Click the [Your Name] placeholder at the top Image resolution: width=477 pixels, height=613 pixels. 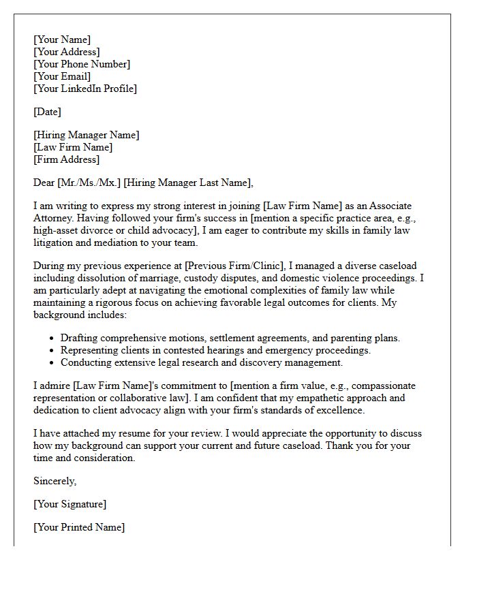pos(62,40)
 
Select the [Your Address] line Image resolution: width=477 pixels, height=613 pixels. pos(67,52)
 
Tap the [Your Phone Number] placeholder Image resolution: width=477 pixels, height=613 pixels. pos(82,64)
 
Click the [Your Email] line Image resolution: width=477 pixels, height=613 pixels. pos(63,76)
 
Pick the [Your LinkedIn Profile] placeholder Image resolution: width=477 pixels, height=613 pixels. pos(85,89)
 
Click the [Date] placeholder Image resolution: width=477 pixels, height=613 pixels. pos(48,112)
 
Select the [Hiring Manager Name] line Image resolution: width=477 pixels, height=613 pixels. pos(87,135)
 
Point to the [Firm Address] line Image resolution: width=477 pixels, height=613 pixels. pos(67,159)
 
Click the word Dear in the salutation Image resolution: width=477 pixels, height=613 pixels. pos(44,183)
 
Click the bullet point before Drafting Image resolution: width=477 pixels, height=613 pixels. pos(52,339)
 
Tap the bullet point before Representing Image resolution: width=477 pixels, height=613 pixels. pos(52,351)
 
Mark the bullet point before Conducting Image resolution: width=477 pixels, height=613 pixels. pos(52,363)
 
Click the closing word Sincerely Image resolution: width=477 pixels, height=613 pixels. pos(55,481)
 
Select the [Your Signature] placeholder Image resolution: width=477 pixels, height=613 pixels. pos(70,504)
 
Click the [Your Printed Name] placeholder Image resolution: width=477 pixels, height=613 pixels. pos(79,527)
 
